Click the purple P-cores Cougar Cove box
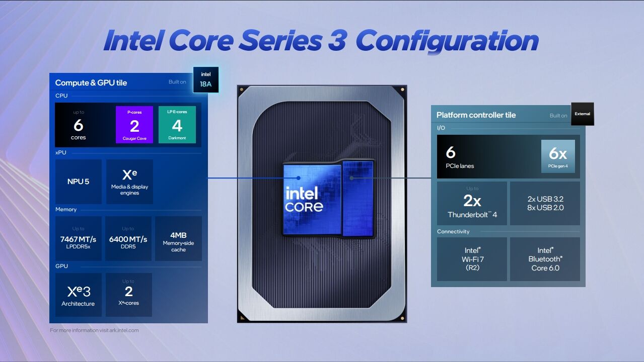coord(134,125)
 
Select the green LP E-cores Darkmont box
coord(177,125)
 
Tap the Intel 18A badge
coord(206,80)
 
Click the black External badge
coord(582,114)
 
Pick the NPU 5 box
coord(78,182)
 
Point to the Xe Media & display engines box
coord(129,182)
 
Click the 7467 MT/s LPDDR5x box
coord(78,238)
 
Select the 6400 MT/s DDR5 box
coord(128,238)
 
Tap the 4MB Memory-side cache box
coord(178,238)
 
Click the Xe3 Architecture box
coord(78,295)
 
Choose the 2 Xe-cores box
coord(129,295)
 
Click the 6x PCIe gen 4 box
coord(558,156)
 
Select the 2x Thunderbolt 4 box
coord(472,203)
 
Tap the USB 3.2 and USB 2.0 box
coord(545,203)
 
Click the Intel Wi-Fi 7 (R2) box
coord(472,259)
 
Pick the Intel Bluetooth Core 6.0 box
coord(545,259)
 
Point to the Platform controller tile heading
coord(476,115)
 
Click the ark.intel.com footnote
coord(94,330)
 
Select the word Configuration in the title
coord(447,41)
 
